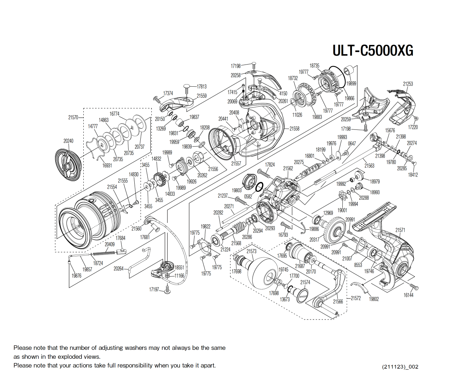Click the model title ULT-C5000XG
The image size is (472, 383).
click(x=373, y=50)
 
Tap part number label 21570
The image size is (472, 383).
click(x=73, y=117)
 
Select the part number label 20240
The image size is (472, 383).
click(x=68, y=141)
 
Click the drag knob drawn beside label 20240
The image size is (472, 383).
click(x=68, y=165)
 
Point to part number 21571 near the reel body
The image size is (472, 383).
click(x=400, y=230)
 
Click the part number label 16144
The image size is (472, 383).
click(x=408, y=295)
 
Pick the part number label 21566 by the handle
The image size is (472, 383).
click(x=338, y=302)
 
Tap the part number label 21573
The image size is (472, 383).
click(x=251, y=251)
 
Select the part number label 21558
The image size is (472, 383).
click(x=294, y=129)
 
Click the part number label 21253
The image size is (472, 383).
click(x=408, y=84)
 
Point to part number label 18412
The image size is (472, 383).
click(x=413, y=175)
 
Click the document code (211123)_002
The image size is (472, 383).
click(x=400, y=367)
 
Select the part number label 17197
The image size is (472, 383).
click(x=154, y=290)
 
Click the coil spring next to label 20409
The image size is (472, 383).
click(x=104, y=254)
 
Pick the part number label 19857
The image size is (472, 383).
click(x=87, y=270)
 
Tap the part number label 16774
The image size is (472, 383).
click(x=114, y=114)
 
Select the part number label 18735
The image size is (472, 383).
click(x=314, y=66)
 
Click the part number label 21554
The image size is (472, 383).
click(x=112, y=187)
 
